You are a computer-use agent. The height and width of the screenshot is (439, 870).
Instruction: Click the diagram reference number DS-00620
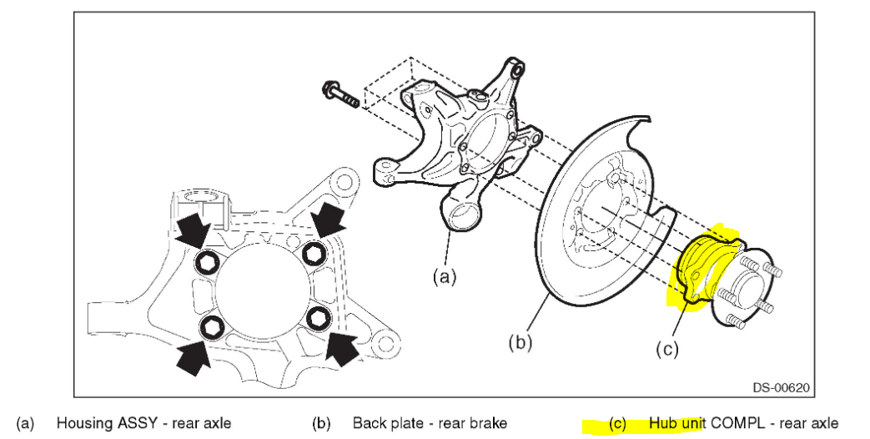779,387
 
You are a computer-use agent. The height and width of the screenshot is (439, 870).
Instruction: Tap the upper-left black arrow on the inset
194,228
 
